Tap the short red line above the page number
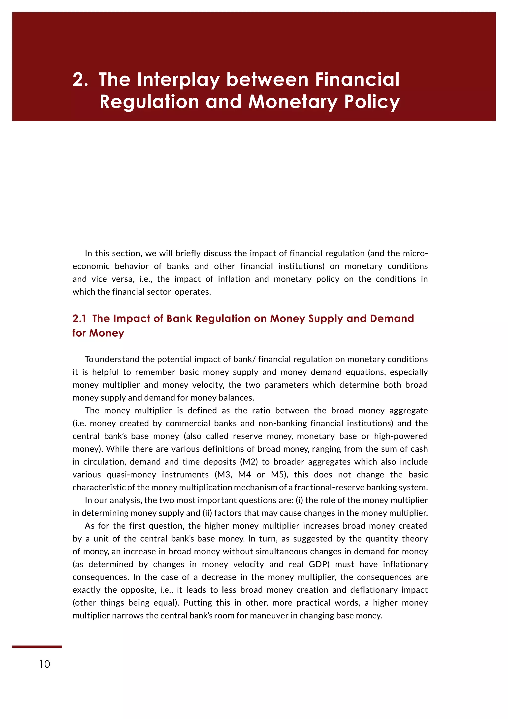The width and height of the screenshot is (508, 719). click(x=37, y=646)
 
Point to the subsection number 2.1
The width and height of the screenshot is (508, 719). click(x=79, y=319)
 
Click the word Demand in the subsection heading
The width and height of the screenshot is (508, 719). click(x=392, y=319)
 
